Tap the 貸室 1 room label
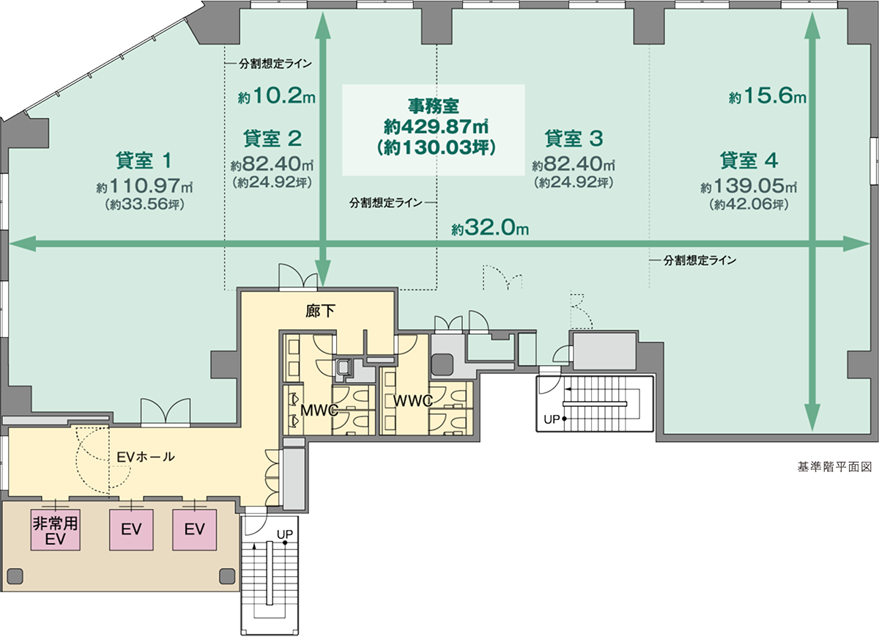[144, 159]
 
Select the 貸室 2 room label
[272, 138]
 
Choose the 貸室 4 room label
[748, 160]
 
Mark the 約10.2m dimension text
[276, 96]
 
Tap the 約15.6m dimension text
[767, 96]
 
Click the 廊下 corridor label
[320, 311]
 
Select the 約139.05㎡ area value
[748, 187]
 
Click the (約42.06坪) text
[748, 205]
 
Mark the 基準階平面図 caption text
[834, 466]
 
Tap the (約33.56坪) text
[144, 205]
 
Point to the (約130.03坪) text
[435, 147]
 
